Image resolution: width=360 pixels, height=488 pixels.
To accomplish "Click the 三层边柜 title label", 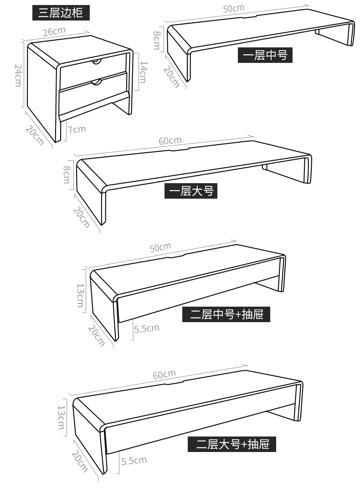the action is pyautogui.click(x=61, y=13).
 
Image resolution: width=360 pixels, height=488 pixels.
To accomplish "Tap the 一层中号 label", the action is pyautogui.click(x=265, y=55).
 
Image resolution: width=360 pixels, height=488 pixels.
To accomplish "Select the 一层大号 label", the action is pyautogui.click(x=191, y=191).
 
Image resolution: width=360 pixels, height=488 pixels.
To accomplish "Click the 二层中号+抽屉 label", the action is pyautogui.click(x=226, y=314).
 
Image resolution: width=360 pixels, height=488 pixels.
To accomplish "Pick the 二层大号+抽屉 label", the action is pyautogui.click(x=232, y=444).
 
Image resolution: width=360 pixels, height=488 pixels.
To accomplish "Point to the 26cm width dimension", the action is pyautogui.click(x=54, y=31).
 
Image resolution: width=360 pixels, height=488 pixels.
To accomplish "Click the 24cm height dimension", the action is pyautogui.click(x=18, y=75).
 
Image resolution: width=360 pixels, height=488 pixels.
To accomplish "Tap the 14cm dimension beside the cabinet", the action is pyautogui.click(x=143, y=72).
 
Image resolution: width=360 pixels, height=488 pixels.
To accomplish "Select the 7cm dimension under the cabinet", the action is pyautogui.click(x=77, y=129).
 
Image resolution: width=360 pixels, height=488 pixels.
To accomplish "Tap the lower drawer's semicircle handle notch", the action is pyautogui.click(x=97, y=82).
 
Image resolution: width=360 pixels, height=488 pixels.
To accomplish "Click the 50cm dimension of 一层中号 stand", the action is pyautogui.click(x=233, y=8).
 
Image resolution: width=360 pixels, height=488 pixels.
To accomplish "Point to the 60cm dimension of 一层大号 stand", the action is pyautogui.click(x=170, y=141).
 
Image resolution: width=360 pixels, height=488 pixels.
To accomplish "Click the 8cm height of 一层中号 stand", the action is pyautogui.click(x=157, y=41).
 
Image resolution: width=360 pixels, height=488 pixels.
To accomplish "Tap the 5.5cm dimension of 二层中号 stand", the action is pyautogui.click(x=147, y=329).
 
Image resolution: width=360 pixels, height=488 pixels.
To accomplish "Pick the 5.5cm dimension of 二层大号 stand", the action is pyautogui.click(x=134, y=460).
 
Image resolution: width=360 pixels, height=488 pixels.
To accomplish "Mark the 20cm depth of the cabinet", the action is pyautogui.click(x=35, y=135).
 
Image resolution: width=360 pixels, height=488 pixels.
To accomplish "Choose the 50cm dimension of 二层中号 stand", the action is pyautogui.click(x=160, y=247).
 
